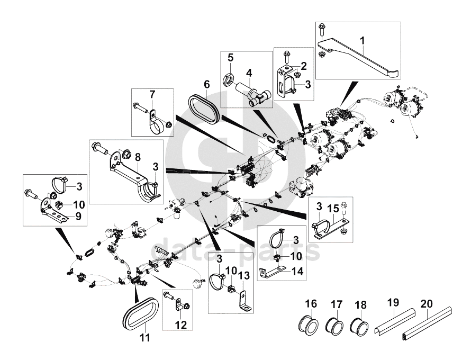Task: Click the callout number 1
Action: point(363,40)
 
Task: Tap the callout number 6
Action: point(207,84)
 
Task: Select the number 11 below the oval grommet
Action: point(145,338)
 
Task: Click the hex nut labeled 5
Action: point(229,80)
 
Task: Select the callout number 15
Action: point(333,208)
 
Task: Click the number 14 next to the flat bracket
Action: point(297,271)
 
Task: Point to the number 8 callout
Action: point(138,157)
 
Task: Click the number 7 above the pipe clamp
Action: point(152,95)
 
